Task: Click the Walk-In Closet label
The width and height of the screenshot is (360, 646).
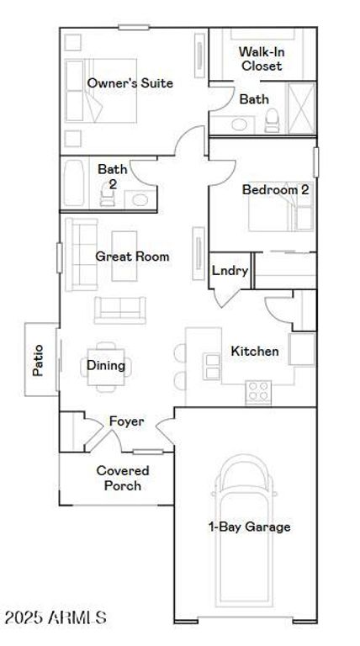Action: click(262, 59)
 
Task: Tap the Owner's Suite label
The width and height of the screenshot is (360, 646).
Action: click(130, 82)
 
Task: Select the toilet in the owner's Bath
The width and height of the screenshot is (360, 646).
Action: click(272, 120)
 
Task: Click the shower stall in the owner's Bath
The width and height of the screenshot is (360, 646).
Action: click(301, 109)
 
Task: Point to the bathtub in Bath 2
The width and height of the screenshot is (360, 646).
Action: click(75, 183)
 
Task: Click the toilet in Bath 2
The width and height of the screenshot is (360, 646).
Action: click(107, 194)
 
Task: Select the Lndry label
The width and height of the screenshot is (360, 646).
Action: click(230, 271)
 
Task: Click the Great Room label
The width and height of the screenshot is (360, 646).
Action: click(132, 257)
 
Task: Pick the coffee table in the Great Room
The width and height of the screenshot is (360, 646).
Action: click(124, 256)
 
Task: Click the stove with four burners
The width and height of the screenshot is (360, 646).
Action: click(258, 392)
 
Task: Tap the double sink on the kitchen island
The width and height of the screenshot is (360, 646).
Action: click(213, 366)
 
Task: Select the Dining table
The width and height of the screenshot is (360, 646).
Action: click(106, 366)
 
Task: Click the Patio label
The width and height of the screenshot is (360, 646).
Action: click(38, 360)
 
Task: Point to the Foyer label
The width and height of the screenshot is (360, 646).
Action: click(126, 421)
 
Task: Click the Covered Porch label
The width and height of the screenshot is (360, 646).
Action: click(123, 478)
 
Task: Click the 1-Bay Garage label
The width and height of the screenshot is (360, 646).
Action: click(250, 527)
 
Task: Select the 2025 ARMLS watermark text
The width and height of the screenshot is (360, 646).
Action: click(56, 617)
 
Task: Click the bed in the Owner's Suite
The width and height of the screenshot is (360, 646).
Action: click(101, 91)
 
